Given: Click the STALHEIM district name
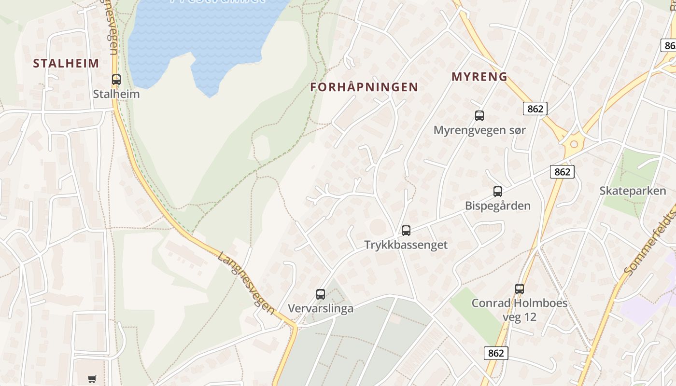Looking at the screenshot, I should point(66,63).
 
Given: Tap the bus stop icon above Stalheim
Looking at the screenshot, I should point(116,80).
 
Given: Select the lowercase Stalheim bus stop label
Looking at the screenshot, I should point(116,94).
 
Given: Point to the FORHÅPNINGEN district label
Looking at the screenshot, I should point(364,87).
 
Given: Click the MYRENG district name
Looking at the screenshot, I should point(479,76).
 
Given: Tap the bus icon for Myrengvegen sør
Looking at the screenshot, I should point(479,116).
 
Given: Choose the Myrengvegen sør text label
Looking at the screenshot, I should point(479,130).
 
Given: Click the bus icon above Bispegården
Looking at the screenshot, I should point(498,192).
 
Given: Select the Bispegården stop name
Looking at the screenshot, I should point(498,206).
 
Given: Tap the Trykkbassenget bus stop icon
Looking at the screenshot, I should point(406,231).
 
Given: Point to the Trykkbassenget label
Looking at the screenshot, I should point(406,245).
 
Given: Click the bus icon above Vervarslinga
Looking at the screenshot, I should point(321,294).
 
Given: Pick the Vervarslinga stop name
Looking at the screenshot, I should point(321,309).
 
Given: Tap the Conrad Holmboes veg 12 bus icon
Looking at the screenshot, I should point(520,289).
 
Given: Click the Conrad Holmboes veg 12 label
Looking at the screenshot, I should point(520,310).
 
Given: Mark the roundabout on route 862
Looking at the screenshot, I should point(574,144).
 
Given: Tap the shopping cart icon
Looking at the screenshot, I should point(92,379).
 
